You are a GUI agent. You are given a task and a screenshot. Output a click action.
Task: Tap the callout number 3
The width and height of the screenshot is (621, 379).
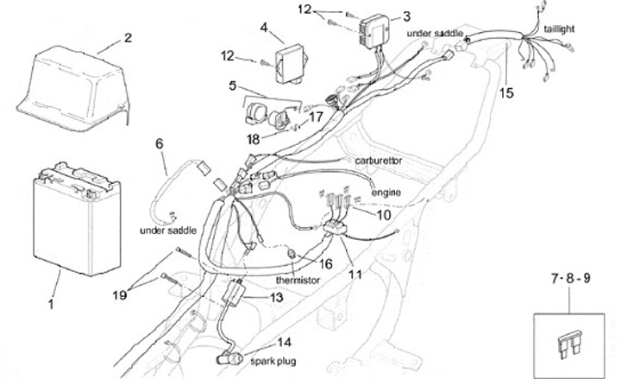[406, 15]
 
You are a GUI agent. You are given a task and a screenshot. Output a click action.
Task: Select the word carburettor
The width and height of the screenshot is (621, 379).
[379, 161]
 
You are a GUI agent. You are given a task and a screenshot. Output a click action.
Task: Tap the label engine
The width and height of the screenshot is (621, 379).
[386, 191]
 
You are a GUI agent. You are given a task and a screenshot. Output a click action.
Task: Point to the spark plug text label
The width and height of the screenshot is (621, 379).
[273, 358]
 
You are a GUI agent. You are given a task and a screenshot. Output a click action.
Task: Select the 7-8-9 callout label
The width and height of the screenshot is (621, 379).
[570, 279]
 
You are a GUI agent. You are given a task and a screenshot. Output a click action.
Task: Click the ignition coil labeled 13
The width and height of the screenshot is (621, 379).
[232, 295]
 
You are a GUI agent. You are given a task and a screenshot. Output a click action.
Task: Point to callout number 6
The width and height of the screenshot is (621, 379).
[159, 144]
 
